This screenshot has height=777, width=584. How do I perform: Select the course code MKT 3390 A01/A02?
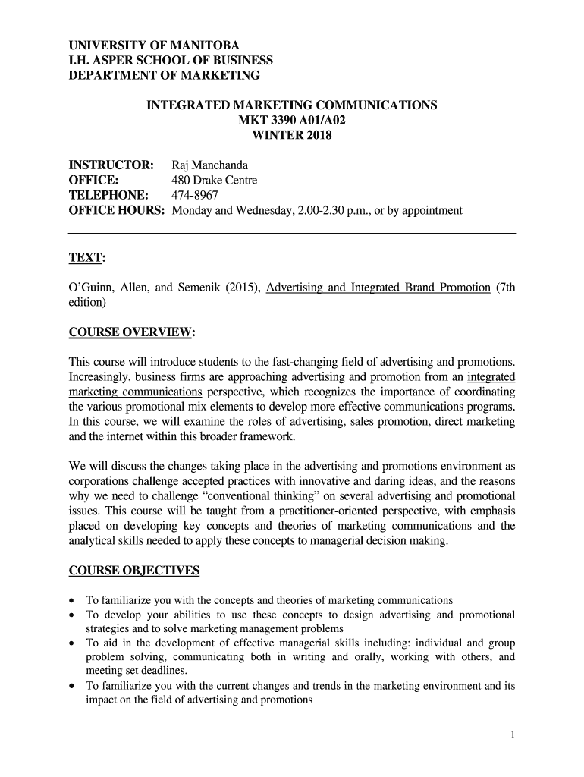point(291,121)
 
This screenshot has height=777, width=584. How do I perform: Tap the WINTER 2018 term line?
point(291,136)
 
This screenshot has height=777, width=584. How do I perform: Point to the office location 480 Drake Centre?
point(215,181)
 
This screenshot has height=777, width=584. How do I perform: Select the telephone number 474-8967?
point(195,195)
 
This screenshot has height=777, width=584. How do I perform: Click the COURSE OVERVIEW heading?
point(131,332)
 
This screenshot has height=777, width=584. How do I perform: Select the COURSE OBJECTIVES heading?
point(134,570)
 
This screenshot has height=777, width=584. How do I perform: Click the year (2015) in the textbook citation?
point(240,288)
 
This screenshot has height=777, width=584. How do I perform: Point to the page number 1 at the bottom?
point(513,735)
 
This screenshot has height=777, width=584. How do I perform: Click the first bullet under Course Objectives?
point(73,600)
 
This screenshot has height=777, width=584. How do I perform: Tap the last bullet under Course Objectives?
point(73,686)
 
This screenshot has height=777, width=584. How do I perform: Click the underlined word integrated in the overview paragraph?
point(491,377)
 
